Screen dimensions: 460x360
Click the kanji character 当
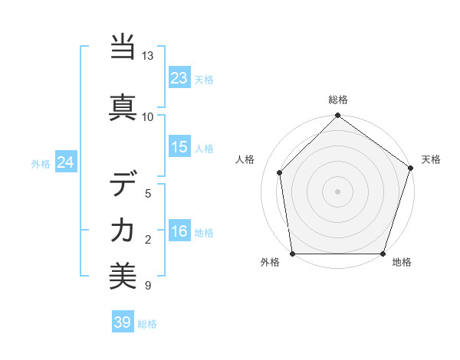point(123,47)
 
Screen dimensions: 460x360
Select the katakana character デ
point(123,183)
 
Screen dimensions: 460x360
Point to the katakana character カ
point(123,230)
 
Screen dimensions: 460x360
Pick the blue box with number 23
point(179,78)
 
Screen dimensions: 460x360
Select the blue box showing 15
point(179,147)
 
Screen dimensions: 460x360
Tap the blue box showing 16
point(179,232)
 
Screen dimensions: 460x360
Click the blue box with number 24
point(65,162)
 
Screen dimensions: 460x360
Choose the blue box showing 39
point(122,322)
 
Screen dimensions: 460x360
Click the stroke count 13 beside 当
point(148,57)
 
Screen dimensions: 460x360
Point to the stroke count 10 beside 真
point(148,116)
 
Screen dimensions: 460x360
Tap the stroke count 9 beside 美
point(148,286)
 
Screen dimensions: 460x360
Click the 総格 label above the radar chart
point(337,100)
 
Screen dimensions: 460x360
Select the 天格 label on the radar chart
point(431,159)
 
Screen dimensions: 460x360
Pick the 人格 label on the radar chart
point(245,159)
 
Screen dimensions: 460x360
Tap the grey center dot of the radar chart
point(337,191)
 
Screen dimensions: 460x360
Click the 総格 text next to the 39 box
point(147,324)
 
